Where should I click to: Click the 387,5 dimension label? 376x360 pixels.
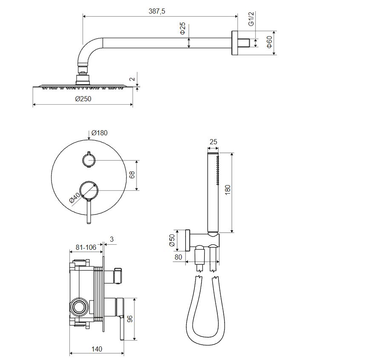coord(157,11)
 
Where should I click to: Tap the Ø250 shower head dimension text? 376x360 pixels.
coord(83,99)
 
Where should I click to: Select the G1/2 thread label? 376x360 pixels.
coord(251,19)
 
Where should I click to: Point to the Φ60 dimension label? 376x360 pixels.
coord(270,42)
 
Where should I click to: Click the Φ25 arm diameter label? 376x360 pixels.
coord(183,28)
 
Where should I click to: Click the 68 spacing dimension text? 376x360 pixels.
coord(132,174)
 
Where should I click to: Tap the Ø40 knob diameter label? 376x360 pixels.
coord(75,197)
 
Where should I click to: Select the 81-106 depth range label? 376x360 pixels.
coord(86,247)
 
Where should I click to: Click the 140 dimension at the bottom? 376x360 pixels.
coord(97,349)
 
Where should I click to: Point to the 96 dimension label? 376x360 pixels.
coord(129,319)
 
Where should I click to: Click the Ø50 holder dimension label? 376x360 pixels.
coord(172,240)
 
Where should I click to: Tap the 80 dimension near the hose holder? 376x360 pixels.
coord(178,257)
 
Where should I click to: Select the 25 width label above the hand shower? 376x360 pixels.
coord(213,142)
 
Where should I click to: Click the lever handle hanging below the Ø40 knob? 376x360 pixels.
coord(89,211)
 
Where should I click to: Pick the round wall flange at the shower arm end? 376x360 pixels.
coord(234,43)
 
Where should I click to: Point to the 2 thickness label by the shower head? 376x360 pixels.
coord(132,79)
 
